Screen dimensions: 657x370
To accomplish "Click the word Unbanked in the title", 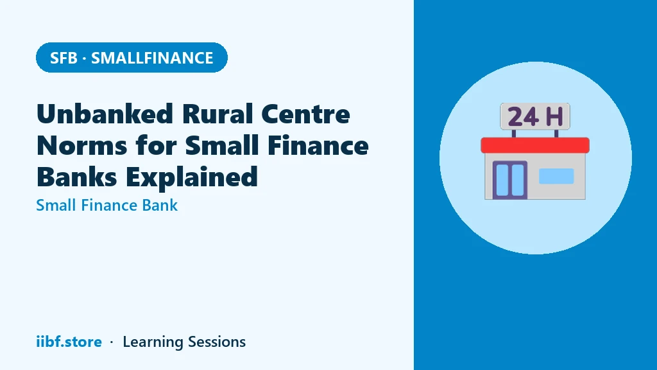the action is [105, 114].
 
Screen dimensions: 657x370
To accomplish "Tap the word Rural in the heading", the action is [217, 114].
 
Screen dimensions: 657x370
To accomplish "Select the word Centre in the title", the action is [306, 114].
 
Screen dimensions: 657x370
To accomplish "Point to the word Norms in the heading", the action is [81, 146].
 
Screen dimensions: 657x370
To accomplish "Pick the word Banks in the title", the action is [77, 177].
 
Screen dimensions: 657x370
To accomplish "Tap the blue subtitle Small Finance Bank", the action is [107, 205].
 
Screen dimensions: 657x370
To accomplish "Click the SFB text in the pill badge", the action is [64, 58].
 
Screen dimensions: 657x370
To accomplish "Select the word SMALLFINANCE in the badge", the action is [152, 58].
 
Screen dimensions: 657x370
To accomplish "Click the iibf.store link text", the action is [69, 342].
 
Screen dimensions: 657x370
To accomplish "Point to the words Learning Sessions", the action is [184, 342].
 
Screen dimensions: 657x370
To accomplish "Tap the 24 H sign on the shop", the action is [535, 116].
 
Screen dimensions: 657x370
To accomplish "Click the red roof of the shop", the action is [535, 145].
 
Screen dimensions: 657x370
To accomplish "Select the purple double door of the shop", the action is [510, 180].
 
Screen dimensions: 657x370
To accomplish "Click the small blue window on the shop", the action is [556, 176].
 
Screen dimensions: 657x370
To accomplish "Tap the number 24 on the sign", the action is [523, 117].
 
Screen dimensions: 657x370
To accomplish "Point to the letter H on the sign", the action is [554, 117].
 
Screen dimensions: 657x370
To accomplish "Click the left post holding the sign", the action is [514, 134].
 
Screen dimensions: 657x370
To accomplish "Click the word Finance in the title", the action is [318, 146].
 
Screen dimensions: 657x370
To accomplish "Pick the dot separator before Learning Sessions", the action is [112, 342].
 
